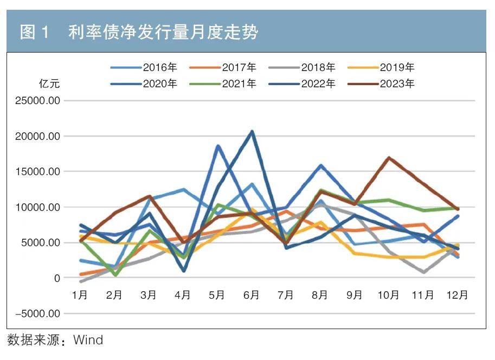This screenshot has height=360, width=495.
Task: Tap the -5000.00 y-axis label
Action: click(36, 313)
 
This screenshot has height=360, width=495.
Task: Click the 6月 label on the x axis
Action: click(251, 295)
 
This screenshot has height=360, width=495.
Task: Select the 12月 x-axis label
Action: click(457, 295)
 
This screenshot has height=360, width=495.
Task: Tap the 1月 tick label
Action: click(80, 295)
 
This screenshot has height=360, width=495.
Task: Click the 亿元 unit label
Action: click(49, 84)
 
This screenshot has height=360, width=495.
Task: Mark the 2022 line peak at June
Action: click(252, 131)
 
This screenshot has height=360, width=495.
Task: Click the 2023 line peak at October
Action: click(389, 158)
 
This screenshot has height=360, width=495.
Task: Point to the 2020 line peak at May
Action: click(217, 146)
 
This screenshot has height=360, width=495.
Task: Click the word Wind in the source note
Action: click(88, 340)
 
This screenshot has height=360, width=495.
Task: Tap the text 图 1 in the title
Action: click(35, 33)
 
